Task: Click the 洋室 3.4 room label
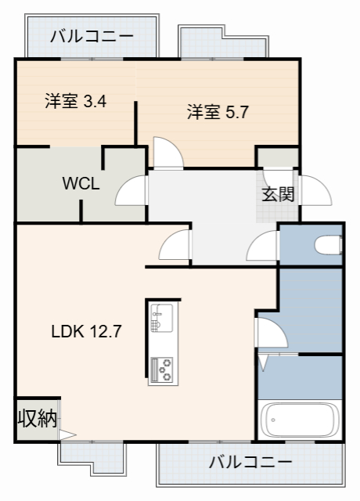click(75, 101)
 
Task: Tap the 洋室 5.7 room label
click(218, 112)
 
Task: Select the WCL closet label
click(81, 184)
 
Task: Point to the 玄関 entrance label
click(278, 193)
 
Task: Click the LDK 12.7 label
click(86, 330)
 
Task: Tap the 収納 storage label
click(37, 418)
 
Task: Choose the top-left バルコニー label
click(92, 37)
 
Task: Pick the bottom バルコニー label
click(250, 462)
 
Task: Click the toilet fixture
click(328, 246)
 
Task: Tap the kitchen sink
click(164, 318)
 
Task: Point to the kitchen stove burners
click(164, 369)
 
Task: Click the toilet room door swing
click(261, 246)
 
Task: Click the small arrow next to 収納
click(67, 432)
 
